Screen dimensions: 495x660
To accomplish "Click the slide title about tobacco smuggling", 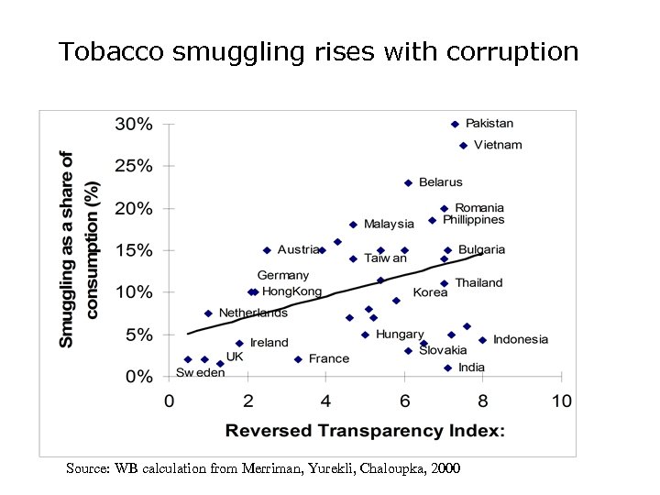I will click(x=318, y=51).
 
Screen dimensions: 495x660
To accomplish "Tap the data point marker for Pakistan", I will click(x=455, y=124).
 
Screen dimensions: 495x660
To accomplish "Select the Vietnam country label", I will click(x=499, y=145).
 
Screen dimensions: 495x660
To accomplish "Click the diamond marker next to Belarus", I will click(x=408, y=182).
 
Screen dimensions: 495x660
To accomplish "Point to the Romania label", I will click(x=479, y=208).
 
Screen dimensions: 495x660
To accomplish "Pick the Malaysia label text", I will click(x=389, y=224).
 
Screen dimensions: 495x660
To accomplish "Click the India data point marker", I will click(x=447, y=368).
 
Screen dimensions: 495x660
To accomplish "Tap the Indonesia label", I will click(x=521, y=339).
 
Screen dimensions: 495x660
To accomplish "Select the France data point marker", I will click(x=298, y=359).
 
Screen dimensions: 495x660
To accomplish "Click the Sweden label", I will click(x=200, y=373).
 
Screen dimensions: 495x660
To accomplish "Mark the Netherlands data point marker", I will click(x=208, y=313).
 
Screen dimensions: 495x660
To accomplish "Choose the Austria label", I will click(x=299, y=249).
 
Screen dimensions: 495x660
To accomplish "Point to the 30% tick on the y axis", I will click(x=132, y=124).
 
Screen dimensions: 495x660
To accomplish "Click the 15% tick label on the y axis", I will click(x=132, y=250).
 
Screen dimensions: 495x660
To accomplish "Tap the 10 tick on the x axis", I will click(x=561, y=401).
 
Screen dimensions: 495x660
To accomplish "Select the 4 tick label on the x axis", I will click(x=325, y=401).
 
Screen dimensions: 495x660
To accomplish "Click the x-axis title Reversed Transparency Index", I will click(x=365, y=430).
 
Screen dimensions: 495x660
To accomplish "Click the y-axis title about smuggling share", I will click(x=79, y=249).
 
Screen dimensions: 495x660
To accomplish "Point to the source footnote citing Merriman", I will click(x=263, y=468).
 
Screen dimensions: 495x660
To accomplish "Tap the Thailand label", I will click(x=478, y=282).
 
